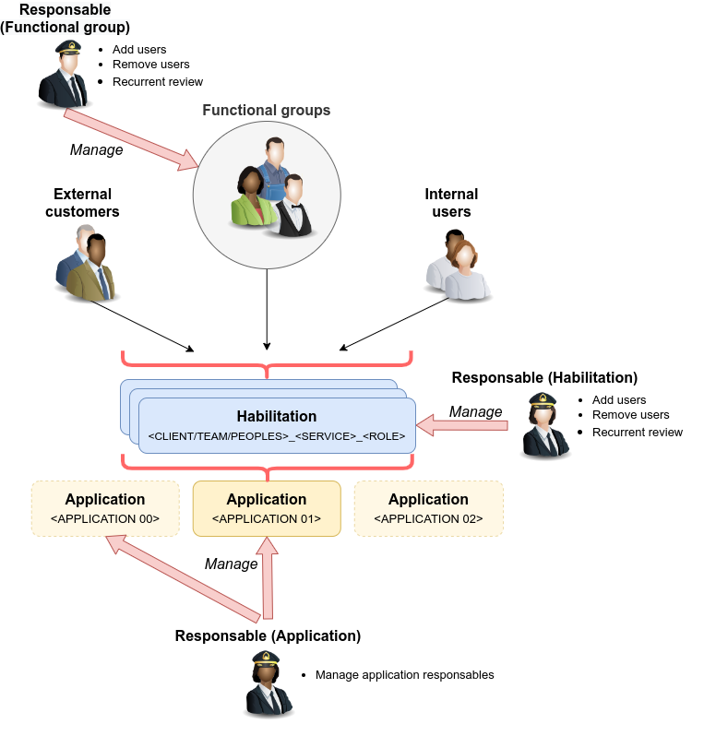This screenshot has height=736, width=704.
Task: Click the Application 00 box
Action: pyautogui.click(x=105, y=508)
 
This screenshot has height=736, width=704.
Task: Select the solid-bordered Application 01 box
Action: pyautogui.click(x=267, y=508)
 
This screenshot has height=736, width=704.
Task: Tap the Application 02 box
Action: pyautogui.click(x=429, y=508)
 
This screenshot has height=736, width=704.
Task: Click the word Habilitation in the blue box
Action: pyautogui.click(x=277, y=416)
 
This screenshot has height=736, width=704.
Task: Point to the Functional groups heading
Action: pyautogui.click(x=267, y=111)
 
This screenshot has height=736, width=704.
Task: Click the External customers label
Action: pyautogui.click(x=82, y=203)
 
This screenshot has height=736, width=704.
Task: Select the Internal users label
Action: pyautogui.click(x=451, y=203)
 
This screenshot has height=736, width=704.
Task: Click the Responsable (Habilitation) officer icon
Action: pyautogui.click(x=544, y=425)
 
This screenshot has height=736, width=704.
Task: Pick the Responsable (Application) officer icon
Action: pyautogui.click(x=268, y=684)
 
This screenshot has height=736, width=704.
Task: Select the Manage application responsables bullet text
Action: pyautogui.click(x=404, y=675)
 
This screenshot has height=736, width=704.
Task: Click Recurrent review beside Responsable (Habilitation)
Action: pyautogui.click(x=638, y=433)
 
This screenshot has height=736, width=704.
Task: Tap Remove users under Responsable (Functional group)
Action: pyautogui.click(x=150, y=65)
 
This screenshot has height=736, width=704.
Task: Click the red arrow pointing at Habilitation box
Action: pyautogui.click(x=462, y=426)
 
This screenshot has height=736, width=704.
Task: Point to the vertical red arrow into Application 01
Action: pyautogui.click(x=268, y=577)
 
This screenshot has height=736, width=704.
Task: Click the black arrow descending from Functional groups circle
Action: pyautogui.click(x=267, y=310)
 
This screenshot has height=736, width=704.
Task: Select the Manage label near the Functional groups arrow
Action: pyautogui.click(x=96, y=149)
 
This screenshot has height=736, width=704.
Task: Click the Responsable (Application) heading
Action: pyautogui.click(x=268, y=636)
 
